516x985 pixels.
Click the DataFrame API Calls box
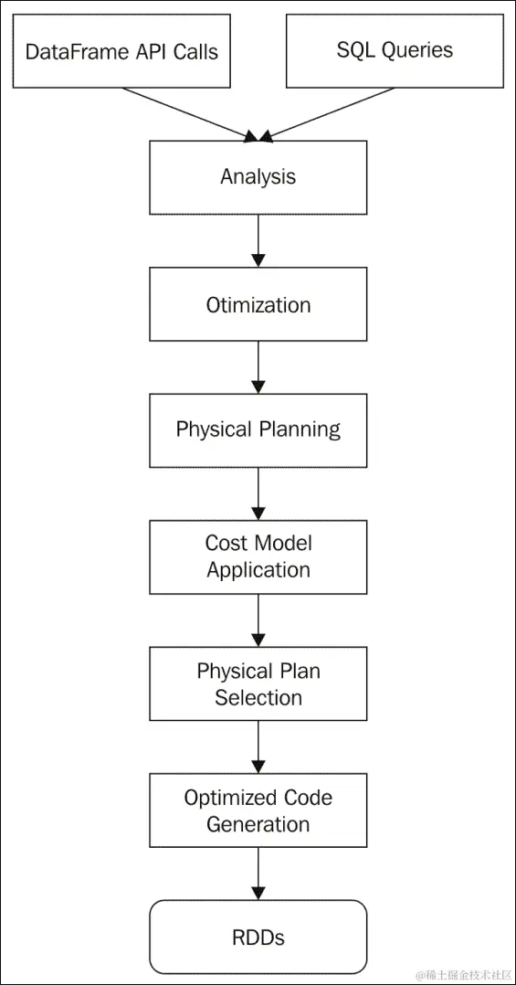[x=121, y=51]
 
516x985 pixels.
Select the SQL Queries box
[x=395, y=51]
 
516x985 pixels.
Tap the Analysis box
[x=258, y=177]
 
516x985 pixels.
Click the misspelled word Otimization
[x=258, y=304]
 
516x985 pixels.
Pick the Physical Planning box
[x=258, y=430]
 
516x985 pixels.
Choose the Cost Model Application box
[x=258, y=556]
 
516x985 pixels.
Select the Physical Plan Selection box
[x=258, y=684]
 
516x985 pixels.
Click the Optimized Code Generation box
[x=258, y=810]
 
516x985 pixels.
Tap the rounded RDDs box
[x=258, y=937]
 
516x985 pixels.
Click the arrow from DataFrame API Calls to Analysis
[x=187, y=114]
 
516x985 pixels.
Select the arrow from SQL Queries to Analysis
[x=329, y=114]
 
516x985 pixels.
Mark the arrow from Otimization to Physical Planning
[x=258, y=367]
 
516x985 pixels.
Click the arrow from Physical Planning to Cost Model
[x=258, y=493]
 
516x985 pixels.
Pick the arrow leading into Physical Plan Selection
[x=258, y=620]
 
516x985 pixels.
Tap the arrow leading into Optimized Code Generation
[x=258, y=747]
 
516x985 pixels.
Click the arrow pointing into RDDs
[x=258, y=874]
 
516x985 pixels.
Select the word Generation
[x=258, y=824]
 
